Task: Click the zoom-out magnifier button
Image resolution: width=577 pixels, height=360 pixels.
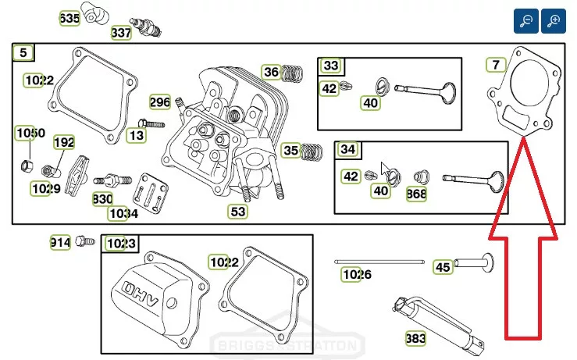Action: pos(526,21)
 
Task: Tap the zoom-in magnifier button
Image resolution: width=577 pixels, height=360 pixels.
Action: pos(554,21)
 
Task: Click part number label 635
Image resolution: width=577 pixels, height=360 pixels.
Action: pos(69,18)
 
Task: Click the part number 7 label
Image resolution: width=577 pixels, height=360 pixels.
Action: pos(496,65)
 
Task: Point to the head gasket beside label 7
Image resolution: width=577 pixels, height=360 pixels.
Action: pos(524,92)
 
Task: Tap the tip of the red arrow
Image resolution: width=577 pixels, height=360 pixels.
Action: pos(524,137)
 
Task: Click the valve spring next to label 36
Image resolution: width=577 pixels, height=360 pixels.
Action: pos(292,73)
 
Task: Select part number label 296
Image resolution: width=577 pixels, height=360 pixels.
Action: pos(160,102)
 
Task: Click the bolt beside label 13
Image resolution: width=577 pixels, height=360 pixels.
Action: pos(151,123)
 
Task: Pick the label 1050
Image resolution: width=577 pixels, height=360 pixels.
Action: pos(30,133)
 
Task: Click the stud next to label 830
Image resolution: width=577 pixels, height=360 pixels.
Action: pos(112,180)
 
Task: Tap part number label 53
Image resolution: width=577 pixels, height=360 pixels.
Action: pos(237,212)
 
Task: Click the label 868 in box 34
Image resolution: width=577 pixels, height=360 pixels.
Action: pos(417,194)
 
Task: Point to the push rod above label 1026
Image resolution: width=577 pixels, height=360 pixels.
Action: pos(379,262)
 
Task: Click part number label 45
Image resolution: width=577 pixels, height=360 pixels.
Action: pos(443,267)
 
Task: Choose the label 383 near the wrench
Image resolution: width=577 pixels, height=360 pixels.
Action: pos(415,338)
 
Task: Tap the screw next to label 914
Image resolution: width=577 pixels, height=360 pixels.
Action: pos(85,241)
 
